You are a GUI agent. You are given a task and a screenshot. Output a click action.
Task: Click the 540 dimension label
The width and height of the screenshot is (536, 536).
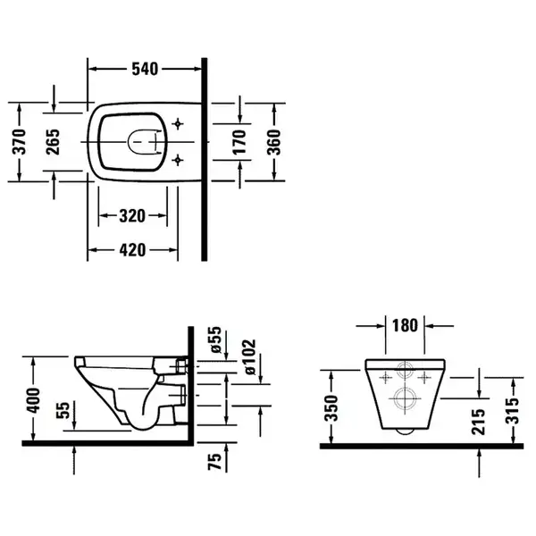[x=145, y=69]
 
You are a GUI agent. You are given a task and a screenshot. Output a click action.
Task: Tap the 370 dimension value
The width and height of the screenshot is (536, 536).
[x=20, y=141]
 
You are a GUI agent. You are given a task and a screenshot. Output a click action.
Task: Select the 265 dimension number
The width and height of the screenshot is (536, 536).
[x=53, y=141]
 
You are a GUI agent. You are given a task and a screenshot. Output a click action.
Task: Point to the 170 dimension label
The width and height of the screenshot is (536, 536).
[x=239, y=141]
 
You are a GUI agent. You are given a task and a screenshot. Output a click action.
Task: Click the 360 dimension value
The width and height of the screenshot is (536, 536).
[x=273, y=141]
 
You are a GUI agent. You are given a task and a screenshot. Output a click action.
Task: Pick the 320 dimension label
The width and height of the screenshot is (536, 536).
[x=132, y=216]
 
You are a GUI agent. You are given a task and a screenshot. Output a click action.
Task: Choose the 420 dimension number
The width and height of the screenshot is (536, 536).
[x=132, y=250]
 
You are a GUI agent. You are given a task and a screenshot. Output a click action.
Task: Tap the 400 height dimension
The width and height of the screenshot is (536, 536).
[x=34, y=400]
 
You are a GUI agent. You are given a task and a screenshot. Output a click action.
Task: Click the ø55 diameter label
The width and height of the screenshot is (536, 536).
[x=216, y=339]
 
